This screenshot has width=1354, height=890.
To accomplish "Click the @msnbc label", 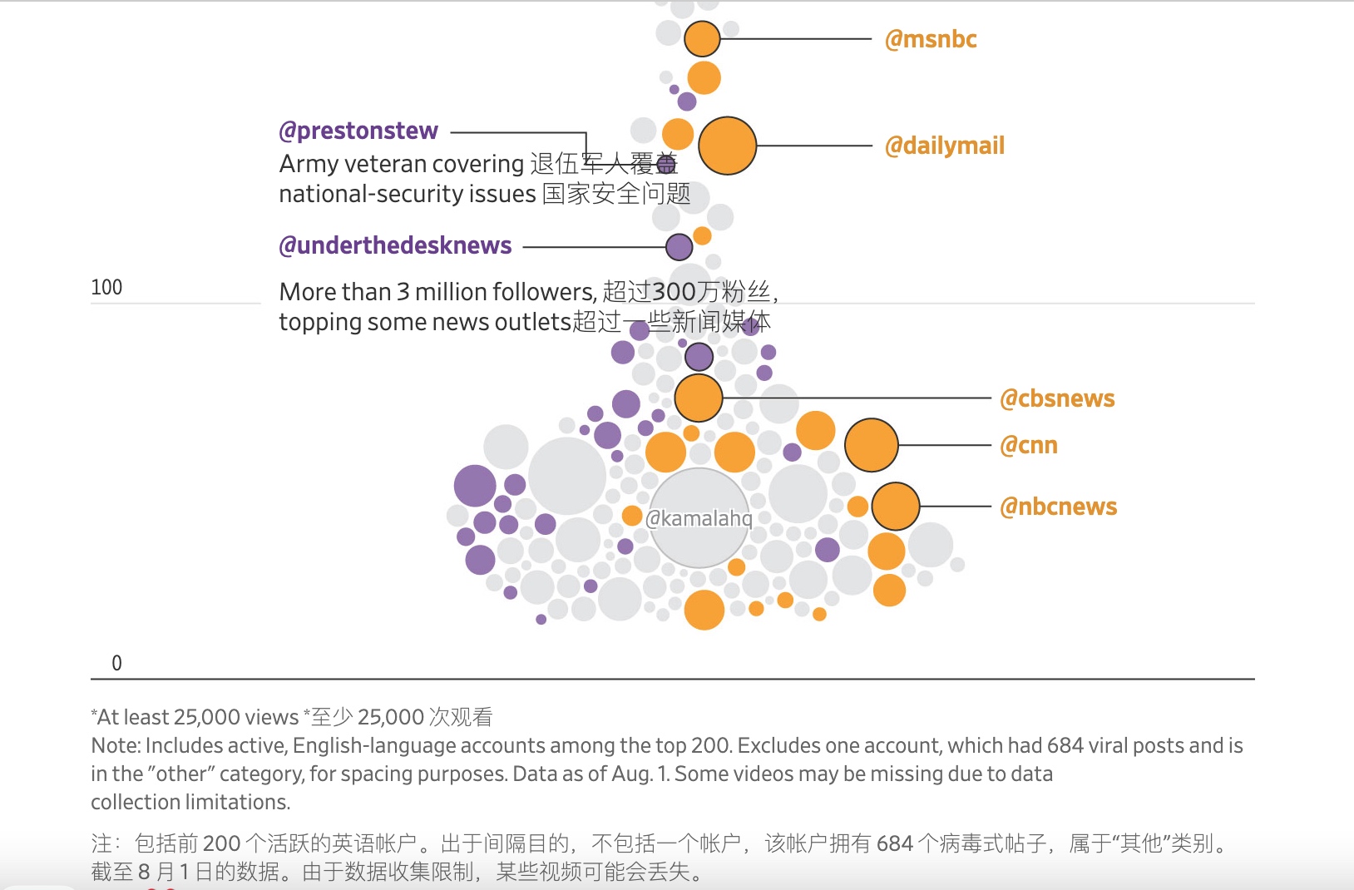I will click(x=931, y=39).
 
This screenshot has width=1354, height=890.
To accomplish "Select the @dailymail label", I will click(x=945, y=146).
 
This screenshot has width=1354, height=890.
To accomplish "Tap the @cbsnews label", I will click(x=1057, y=398).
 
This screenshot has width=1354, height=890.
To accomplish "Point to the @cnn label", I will click(x=1029, y=445).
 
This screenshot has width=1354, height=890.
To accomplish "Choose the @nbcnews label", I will click(x=1059, y=507).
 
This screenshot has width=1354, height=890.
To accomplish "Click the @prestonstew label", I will click(x=358, y=131).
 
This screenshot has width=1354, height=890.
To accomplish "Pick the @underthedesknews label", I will click(x=395, y=245).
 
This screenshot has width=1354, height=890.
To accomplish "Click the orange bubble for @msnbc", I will click(x=702, y=39).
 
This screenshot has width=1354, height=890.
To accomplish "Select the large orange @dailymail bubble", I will click(x=727, y=146).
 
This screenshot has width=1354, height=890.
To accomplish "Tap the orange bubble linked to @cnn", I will click(x=871, y=445).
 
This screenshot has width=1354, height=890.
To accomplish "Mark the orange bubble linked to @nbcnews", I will click(x=895, y=507).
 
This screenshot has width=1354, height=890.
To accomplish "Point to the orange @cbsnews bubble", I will click(x=699, y=398).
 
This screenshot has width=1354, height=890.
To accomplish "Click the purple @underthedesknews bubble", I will click(x=679, y=247).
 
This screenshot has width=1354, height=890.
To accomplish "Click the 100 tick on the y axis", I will click(x=106, y=288).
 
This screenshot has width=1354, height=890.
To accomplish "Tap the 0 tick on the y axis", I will click(x=116, y=663).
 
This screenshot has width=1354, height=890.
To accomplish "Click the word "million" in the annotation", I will click(x=451, y=292).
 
